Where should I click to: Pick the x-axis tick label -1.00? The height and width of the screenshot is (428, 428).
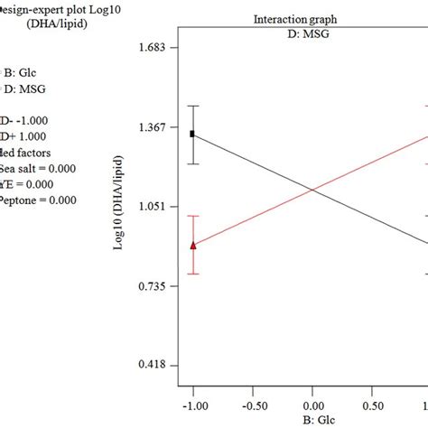(x=192, y=405)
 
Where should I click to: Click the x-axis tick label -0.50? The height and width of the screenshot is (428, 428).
(x=252, y=405)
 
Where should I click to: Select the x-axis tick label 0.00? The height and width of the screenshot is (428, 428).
(x=312, y=405)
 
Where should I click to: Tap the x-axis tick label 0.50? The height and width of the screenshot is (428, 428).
(x=372, y=405)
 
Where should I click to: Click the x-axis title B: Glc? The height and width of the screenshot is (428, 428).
(x=312, y=421)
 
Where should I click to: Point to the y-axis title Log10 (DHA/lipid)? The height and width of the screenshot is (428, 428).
(x=119, y=207)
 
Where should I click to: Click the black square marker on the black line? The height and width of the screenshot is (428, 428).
(x=192, y=134)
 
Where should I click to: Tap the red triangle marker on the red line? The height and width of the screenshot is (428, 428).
(x=192, y=245)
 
